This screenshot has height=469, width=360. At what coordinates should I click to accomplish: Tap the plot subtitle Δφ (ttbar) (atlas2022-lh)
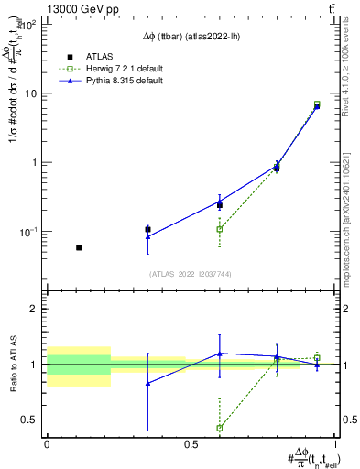coord(191,27)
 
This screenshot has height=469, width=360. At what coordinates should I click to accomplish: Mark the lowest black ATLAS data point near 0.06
coord(79,247)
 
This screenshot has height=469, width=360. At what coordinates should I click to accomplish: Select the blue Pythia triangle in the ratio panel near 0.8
coord(147,383)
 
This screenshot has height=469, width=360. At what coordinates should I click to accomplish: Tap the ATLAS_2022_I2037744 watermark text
coord(191,274)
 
